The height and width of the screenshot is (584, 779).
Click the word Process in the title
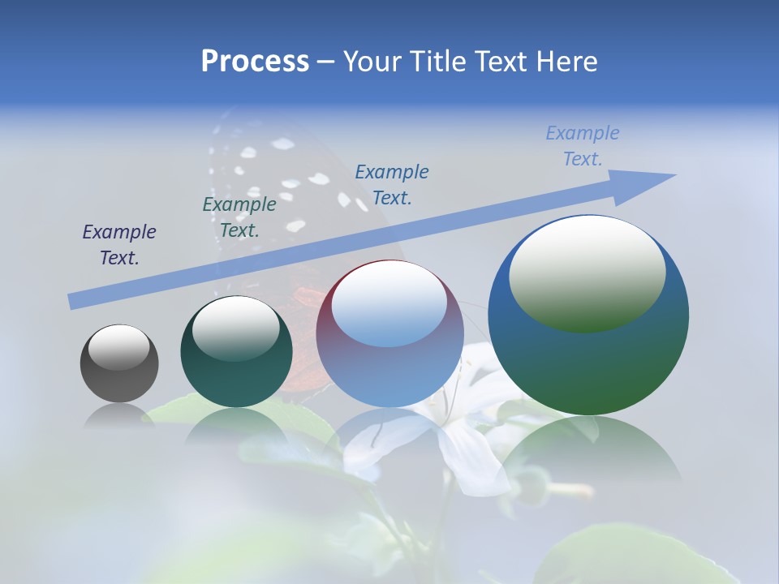[x=255, y=62]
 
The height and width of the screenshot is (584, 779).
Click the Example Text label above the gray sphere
[x=119, y=245]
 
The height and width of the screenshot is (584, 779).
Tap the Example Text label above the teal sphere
[x=239, y=217]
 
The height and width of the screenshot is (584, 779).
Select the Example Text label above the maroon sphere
[x=392, y=184]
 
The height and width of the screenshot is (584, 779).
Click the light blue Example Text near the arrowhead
[x=582, y=146]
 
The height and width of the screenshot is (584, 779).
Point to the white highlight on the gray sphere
[x=119, y=347]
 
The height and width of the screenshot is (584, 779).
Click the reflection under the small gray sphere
[x=119, y=415]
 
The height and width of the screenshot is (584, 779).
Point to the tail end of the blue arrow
[x=75, y=302]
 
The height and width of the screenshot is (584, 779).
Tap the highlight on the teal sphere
[x=236, y=326]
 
